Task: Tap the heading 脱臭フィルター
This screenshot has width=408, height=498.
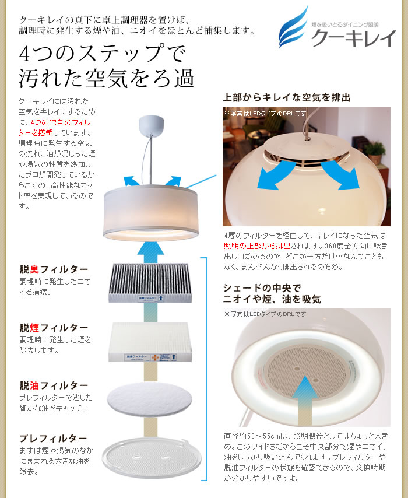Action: click(x=54, y=269)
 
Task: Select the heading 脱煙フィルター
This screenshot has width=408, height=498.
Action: click(x=54, y=328)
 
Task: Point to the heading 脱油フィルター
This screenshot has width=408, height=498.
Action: click(x=54, y=385)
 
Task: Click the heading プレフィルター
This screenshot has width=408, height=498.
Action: click(x=54, y=438)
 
